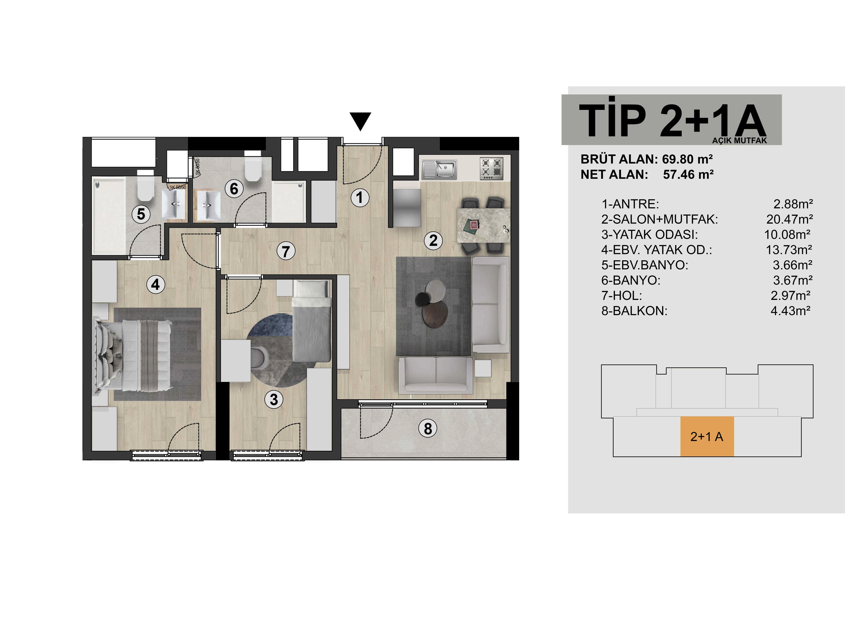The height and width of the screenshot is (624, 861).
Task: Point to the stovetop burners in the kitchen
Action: tap(492, 169)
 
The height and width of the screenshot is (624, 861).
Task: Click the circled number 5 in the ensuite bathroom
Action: tap(141, 214)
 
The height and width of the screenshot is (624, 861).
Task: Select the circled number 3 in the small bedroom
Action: tap(274, 399)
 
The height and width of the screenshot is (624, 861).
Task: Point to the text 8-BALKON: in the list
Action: tap(634, 311)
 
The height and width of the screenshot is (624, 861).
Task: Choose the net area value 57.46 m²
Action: tap(688, 175)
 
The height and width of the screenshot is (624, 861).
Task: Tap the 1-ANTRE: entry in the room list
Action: tap(630, 204)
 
